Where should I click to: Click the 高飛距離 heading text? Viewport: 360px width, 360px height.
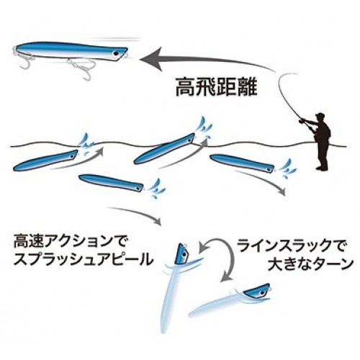coord(217,88)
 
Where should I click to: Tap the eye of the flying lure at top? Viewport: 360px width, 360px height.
coord(116,53)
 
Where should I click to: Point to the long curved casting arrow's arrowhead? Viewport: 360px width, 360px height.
coord(150,59)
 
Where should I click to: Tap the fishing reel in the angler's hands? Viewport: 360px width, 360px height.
coord(301,122)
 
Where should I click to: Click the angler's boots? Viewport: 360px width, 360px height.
coord(322,168)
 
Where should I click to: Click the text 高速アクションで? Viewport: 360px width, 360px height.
coord(70,243)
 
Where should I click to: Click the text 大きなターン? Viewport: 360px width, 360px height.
coord(311,264)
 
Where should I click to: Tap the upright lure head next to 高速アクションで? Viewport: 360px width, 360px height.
coord(183,254)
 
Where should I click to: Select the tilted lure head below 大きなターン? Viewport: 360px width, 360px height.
coord(257,289)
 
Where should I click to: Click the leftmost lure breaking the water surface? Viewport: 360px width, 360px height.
coord(45,160)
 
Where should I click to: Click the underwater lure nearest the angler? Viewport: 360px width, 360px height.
coord(242,163)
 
